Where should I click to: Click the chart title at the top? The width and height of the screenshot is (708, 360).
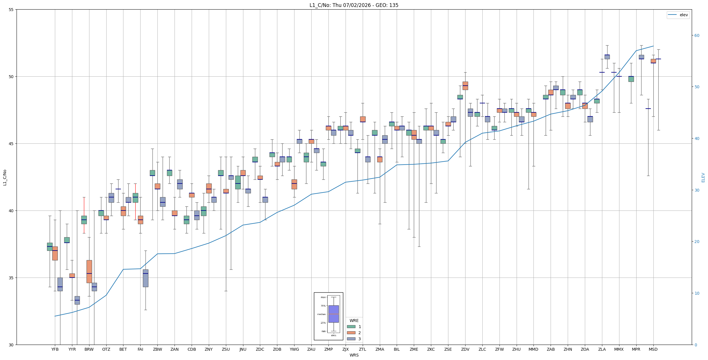pos(354,5)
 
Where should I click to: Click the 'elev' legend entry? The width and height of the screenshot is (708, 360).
pos(678,15)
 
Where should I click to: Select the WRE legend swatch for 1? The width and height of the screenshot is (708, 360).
pos(351,327)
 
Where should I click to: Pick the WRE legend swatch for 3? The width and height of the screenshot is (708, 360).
pos(351,339)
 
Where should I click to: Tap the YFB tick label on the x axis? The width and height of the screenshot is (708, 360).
pos(55,349)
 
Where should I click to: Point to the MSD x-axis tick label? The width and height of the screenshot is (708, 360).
pos(653,349)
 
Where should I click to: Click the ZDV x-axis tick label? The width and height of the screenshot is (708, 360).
pos(465,349)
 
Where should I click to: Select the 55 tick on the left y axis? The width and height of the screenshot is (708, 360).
pos(11,10)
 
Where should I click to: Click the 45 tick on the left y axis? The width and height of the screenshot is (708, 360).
pos(11,144)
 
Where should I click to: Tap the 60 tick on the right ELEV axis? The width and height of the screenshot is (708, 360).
pos(697,35)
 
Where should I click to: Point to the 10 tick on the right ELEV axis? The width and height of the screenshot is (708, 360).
pos(697,293)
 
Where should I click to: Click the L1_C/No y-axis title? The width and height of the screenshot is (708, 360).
pos(5,177)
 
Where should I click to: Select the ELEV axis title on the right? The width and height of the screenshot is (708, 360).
pos(703,177)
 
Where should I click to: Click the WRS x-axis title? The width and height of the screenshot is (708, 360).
pos(354,355)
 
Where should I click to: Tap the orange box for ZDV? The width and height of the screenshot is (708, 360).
pos(465,86)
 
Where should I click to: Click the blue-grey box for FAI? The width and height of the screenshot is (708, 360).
pos(145,278)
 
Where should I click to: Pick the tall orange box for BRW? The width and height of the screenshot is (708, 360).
pos(89,271)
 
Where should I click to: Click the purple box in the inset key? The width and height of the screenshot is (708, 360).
pos(333,314)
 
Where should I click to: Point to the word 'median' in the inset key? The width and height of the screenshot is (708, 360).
pos(321,314)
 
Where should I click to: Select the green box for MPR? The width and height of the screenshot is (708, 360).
pos(631,79)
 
